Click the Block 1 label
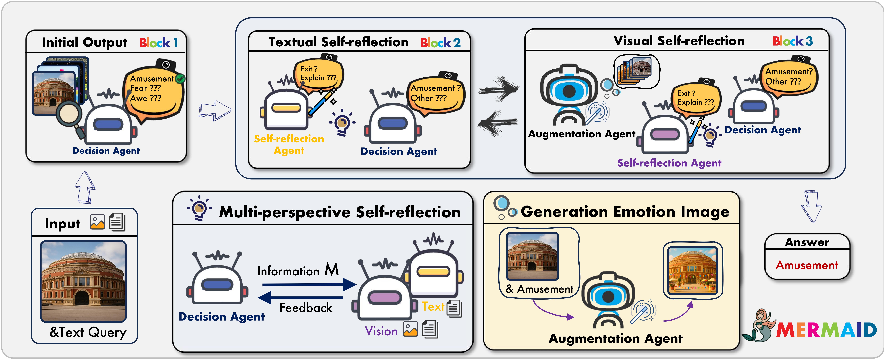tap(159, 43)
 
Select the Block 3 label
tap(793, 41)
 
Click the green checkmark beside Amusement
tap(180, 79)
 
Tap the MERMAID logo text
tap(826, 330)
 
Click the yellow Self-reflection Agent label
tap(289, 145)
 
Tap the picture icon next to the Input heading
tap(97, 222)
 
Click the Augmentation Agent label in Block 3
tap(582, 134)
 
